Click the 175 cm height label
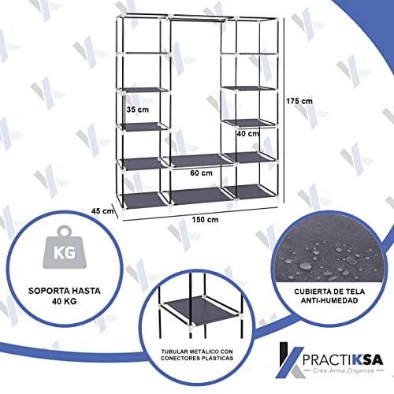coord(301,102)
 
